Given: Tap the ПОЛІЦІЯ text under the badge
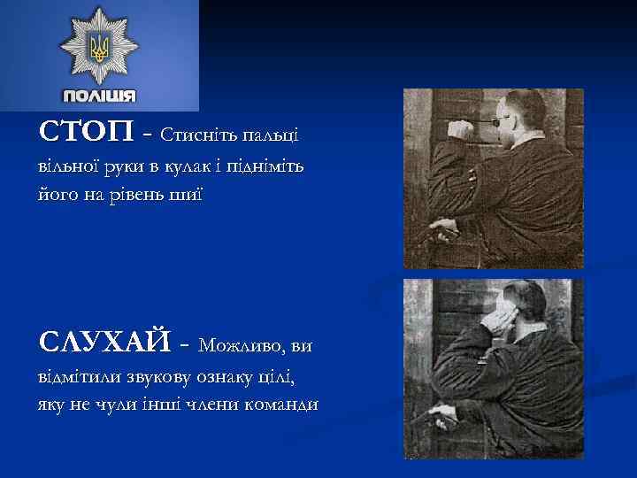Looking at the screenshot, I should point(99,96).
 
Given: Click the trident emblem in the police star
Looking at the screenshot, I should point(98,47).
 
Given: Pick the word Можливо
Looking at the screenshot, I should point(242,343).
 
